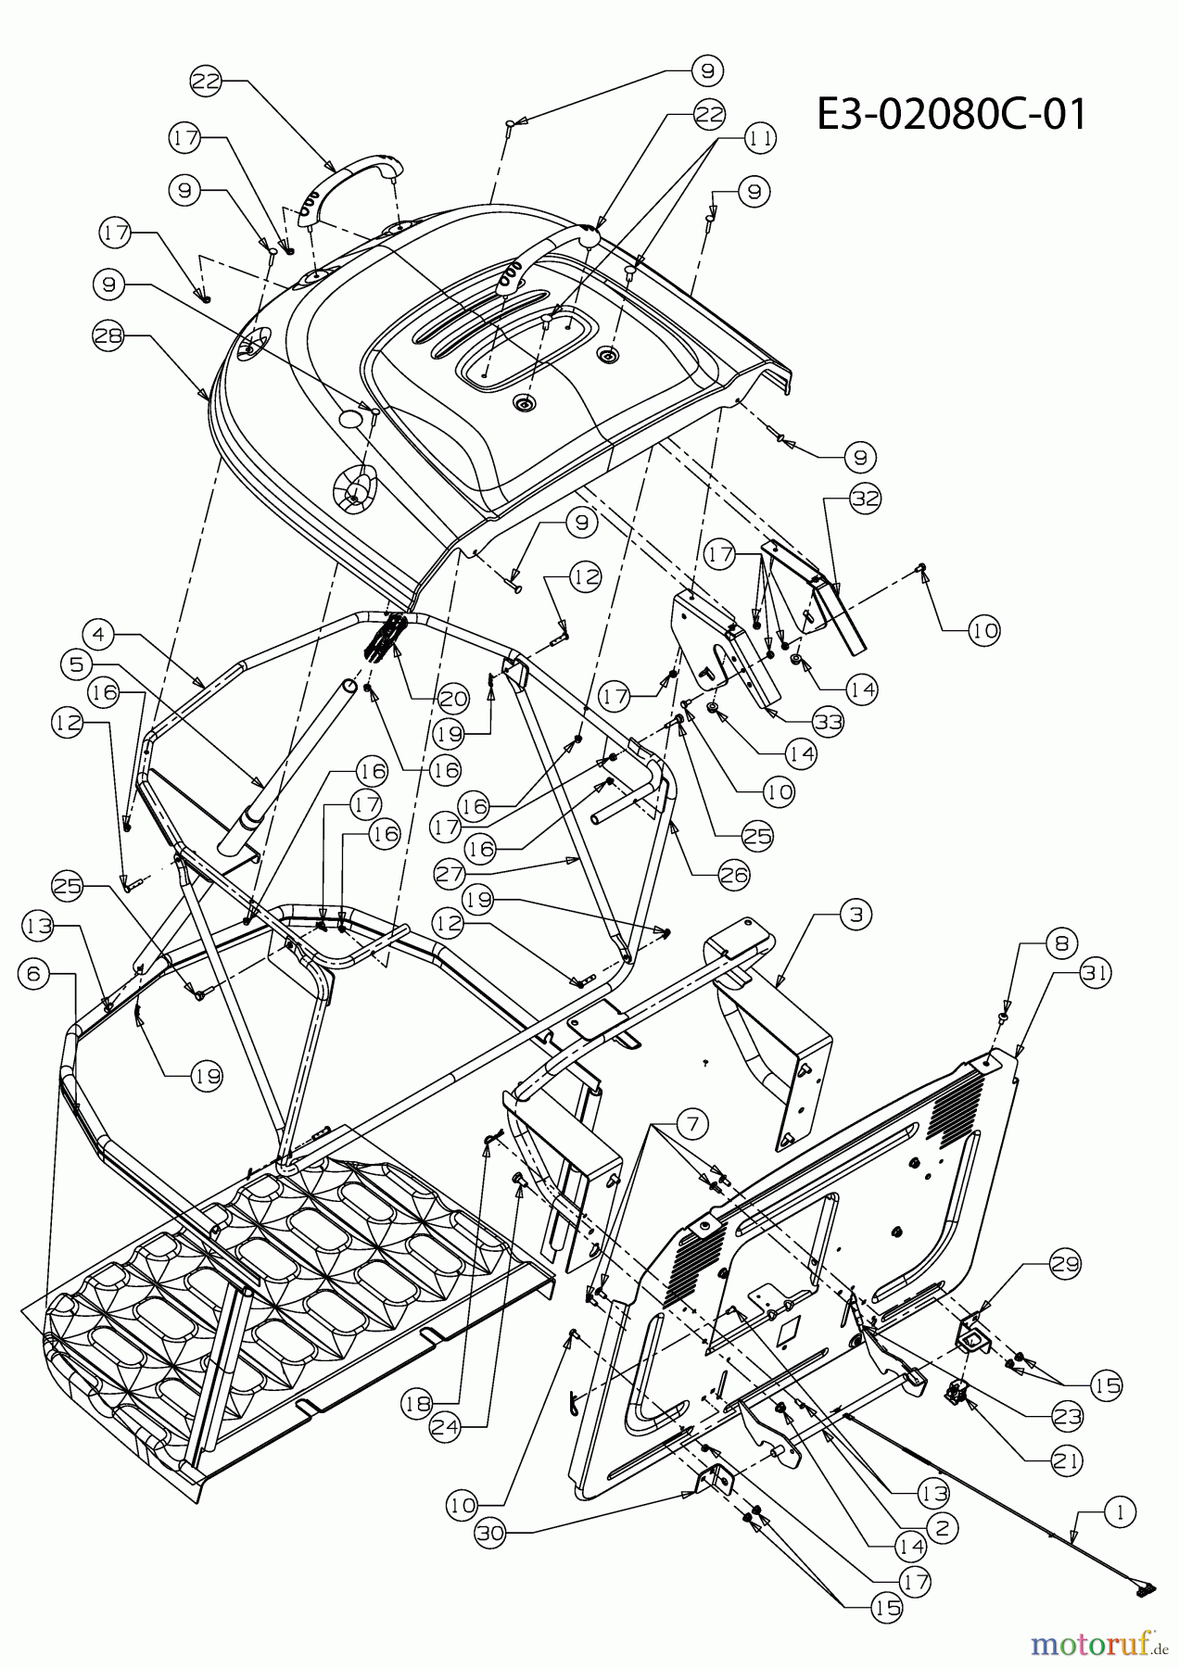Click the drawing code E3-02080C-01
point(951,117)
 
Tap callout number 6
point(33,973)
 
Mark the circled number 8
point(1060,942)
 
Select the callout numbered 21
point(1066,1461)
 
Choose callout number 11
point(758,138)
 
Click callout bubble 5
point(77,663)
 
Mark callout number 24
point(448,1429)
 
